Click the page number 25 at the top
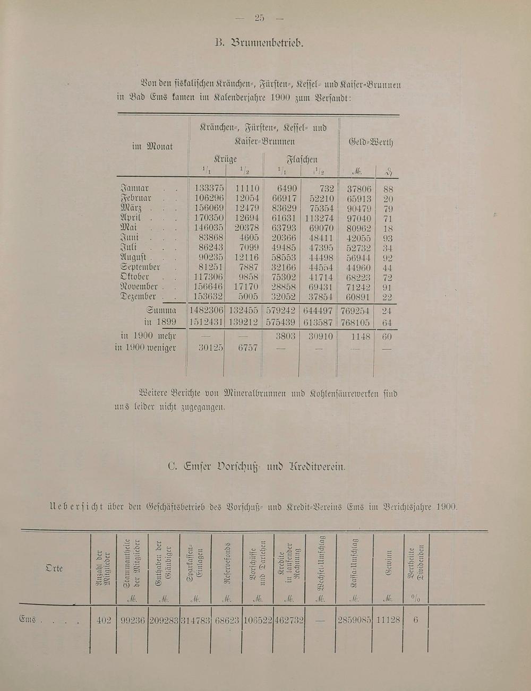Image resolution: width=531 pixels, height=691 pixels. click(259, 18)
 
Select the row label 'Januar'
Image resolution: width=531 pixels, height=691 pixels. click(135, 188)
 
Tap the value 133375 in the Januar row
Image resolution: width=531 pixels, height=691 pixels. click(208, 188)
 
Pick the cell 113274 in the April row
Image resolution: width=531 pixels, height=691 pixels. click(319, 218)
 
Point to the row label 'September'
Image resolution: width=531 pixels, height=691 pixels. click(141, 267)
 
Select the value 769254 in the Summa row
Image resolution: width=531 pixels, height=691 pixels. click(355, 311)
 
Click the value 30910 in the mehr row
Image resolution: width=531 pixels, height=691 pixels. click(320, 336)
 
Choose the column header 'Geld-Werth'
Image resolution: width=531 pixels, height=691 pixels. click(370, 142)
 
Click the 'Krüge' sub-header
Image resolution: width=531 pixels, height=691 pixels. click(225, 159)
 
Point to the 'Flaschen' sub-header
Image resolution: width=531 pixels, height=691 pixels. click(302, 159)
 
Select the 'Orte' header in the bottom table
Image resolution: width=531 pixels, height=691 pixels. click(54, 568)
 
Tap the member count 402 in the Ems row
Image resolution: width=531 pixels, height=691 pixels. click(103, 620)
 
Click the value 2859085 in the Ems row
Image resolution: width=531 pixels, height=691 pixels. click(353, 620)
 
